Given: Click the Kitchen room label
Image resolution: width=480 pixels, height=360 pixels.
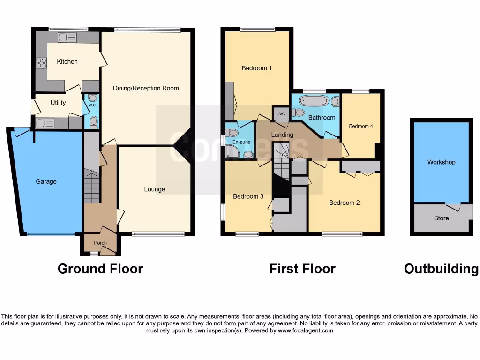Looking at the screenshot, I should click(x=67, y=61).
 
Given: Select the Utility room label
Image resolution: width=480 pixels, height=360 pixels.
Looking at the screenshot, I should click(x=58, y=103).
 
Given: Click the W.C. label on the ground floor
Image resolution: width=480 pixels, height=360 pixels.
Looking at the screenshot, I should click(x=92, y=105).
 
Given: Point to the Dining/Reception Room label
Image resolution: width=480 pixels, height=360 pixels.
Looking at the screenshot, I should click(x=146, y=88).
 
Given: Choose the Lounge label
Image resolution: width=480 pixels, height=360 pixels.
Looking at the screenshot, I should click(x=154, y=189).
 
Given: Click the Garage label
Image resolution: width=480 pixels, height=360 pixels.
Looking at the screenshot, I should click(x=46, y=181).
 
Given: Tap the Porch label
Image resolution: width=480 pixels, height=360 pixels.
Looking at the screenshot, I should click(x=100, y=243).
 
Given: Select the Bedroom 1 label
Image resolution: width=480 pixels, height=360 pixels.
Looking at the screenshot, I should click(x=256, y=68).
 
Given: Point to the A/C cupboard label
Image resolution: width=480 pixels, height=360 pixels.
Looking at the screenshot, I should click(x=281, y=114).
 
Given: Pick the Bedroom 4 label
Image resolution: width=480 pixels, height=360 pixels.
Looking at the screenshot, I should click(x=361, y=126).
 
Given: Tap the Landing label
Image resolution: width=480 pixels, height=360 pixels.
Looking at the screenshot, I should click(x=282, y=135).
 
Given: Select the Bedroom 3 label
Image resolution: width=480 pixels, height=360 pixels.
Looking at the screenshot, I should click(x=248, y=196).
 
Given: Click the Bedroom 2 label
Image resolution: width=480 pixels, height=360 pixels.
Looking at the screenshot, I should click(x=344, y=202).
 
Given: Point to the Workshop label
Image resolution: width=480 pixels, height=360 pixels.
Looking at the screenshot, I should click(x=441, y=162).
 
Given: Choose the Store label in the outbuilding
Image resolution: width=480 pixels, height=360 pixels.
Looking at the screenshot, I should click(x=441, y=218).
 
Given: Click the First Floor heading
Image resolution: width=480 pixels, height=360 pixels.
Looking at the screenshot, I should click(x=302, y=269).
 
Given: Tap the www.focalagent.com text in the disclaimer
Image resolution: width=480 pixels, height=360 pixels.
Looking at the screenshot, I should click(x=305, y=330).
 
